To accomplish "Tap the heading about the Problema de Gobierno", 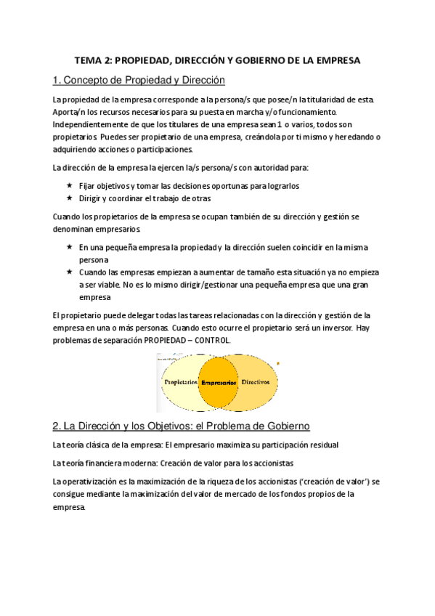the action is (x=183, y=425).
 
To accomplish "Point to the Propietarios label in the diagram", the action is (x=182, y=381).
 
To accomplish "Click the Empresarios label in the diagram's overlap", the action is (x=219, y=382).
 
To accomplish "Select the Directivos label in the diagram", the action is (x=255, y=381).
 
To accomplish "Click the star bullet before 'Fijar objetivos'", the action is (x=69, y=185).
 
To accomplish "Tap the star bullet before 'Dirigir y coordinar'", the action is (x=69, y=198).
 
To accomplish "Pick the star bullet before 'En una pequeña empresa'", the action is (x=69, y=247).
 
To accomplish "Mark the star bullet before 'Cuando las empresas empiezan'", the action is (x=69, y=272).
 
